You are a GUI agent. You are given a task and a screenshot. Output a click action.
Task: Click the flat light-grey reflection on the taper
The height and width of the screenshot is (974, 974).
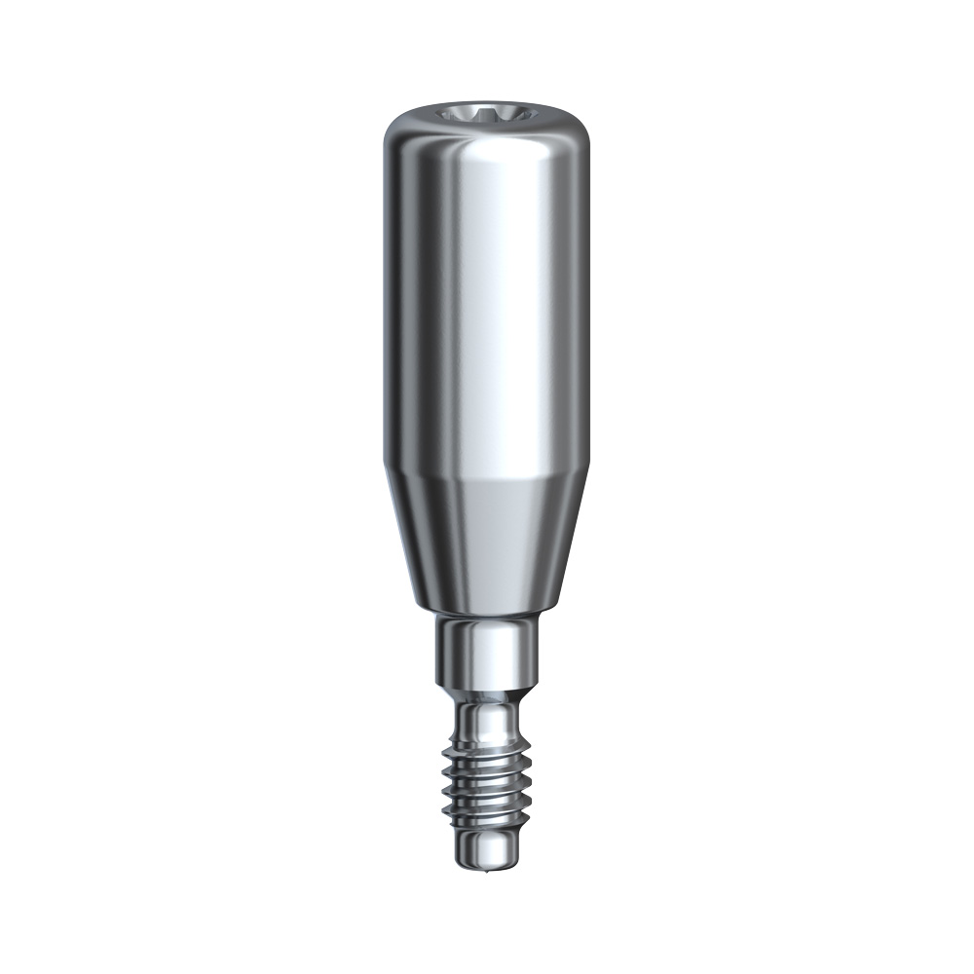click(506, 536)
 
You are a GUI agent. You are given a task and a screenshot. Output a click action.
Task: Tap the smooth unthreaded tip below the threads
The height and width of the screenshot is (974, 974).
click(484, 847)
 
